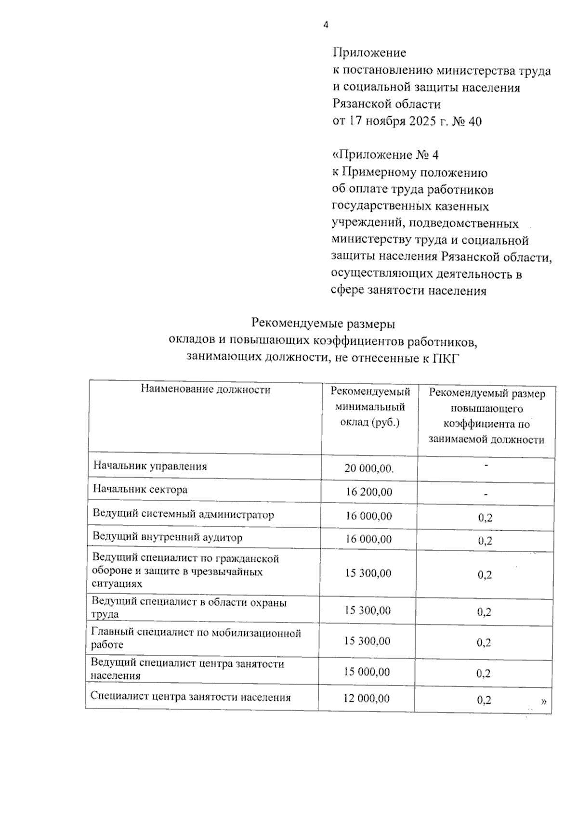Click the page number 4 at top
(x=326, y=25)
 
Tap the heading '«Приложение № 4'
(x=385, y=155)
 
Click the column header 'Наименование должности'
(x=206, y=389)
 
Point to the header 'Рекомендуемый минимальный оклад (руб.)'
(x=370, y=407)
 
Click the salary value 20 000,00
(x=369, y=468)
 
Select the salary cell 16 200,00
(x=369, y=492)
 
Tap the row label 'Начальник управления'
(x=150, y=466)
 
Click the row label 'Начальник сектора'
(x=140, y=490)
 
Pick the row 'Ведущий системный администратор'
(x=183, y=514)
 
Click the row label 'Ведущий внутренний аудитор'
(x=167, y=537)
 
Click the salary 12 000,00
(x=367, y=698)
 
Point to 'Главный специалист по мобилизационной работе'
(x=196, y=638)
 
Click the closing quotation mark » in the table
(x=543, y=701)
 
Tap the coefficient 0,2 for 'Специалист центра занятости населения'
(x=484, y=700)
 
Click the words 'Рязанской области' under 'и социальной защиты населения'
(x=386, y=104)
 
